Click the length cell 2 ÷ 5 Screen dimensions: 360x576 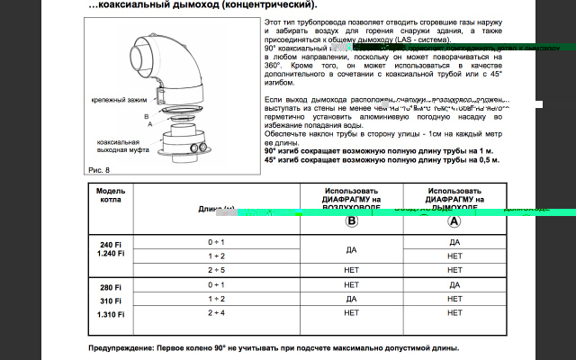(216, 269)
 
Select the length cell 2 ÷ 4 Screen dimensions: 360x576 (216, 312)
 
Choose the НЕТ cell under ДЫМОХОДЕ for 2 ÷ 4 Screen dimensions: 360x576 (454, 312)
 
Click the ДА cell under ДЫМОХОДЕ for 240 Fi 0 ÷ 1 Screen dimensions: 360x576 (454, 242)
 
